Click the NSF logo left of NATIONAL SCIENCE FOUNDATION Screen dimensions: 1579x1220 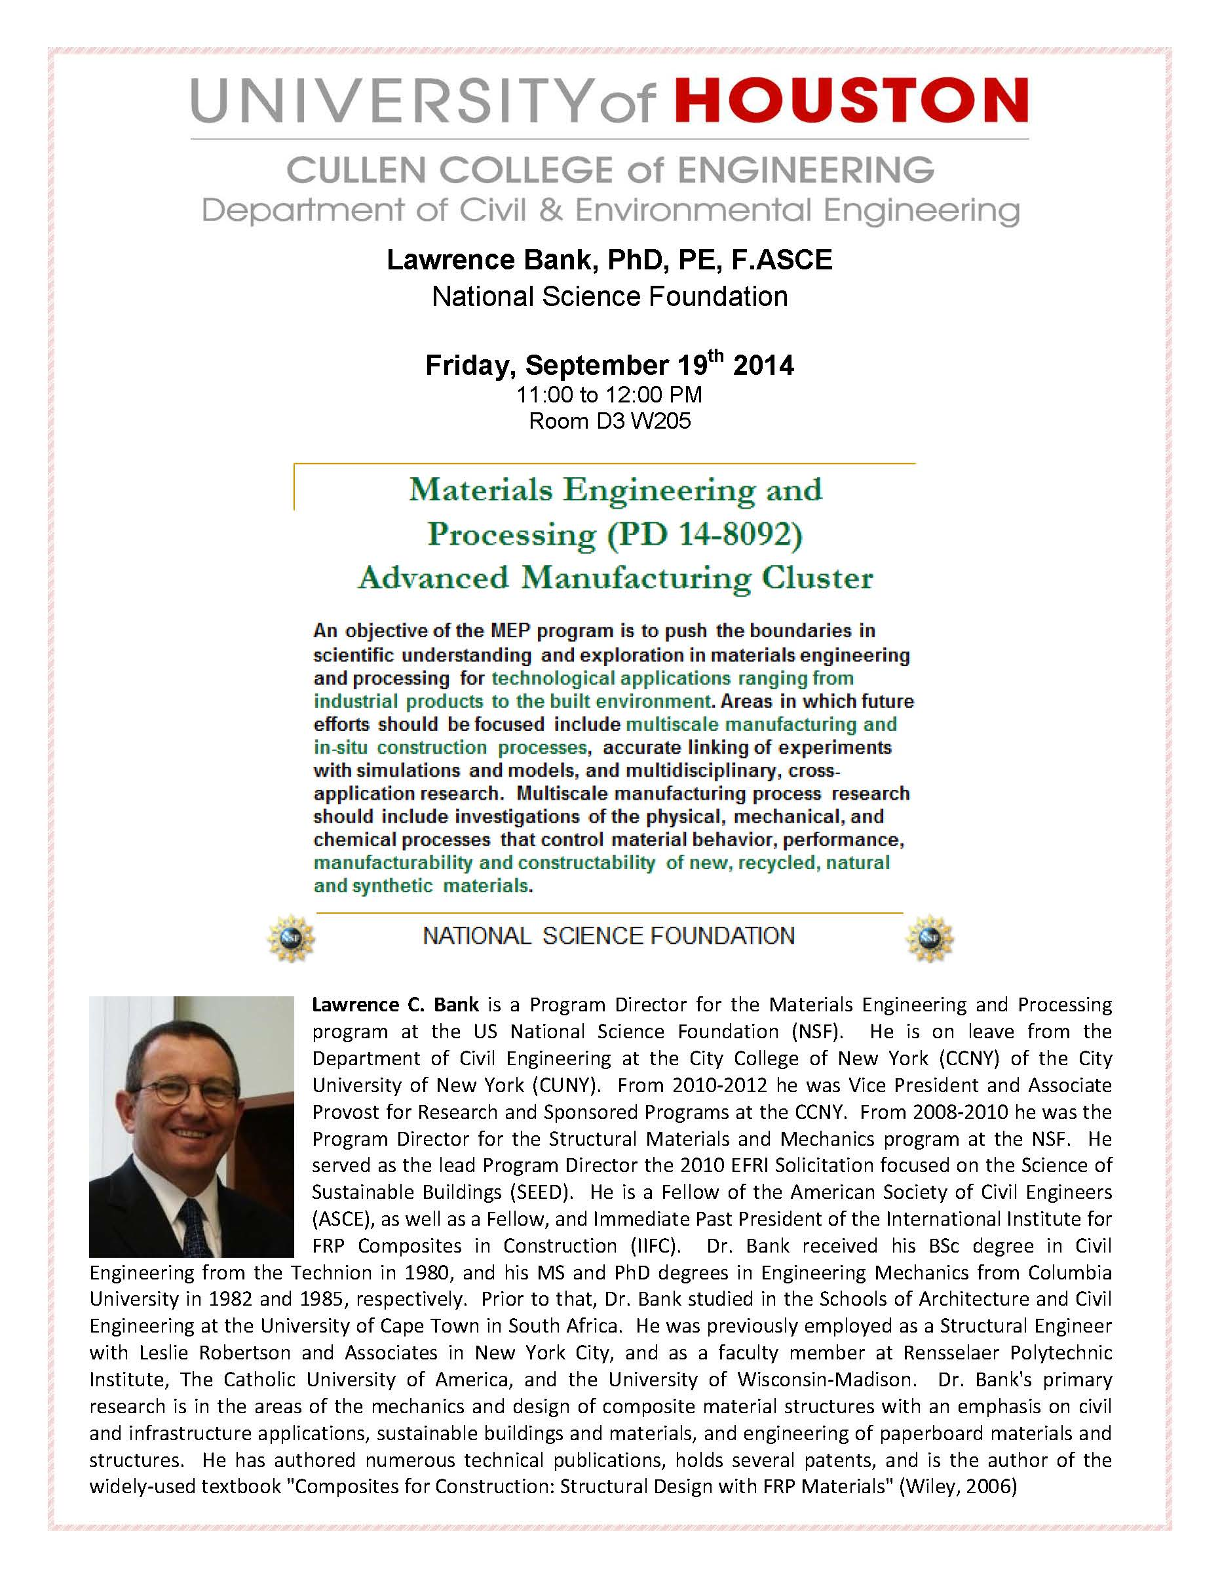[292, 938]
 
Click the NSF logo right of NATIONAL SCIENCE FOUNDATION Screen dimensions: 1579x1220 [930, 938]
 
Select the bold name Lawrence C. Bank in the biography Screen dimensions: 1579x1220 [395, 1005]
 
